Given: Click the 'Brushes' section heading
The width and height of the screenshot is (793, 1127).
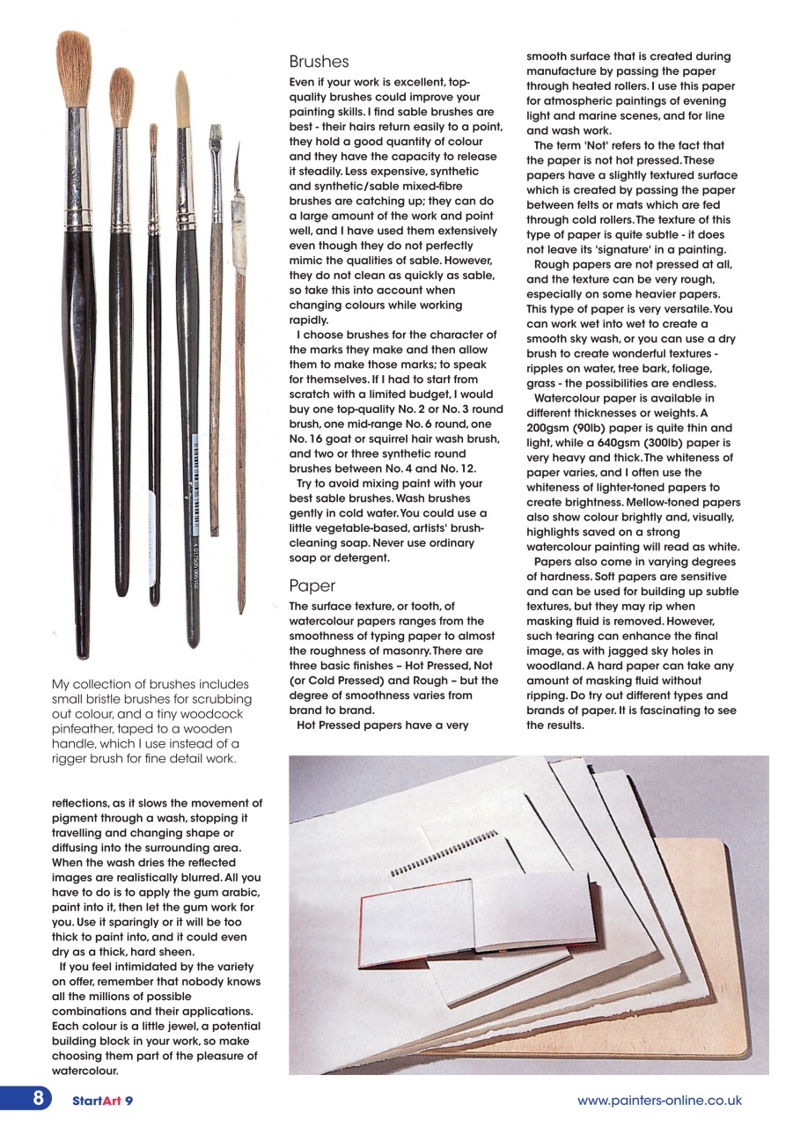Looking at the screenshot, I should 319,63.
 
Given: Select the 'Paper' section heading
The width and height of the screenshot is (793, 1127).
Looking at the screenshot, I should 312,586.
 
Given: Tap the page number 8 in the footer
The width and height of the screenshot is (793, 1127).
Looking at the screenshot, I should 39,1099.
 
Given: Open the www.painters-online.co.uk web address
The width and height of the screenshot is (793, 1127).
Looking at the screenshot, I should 659,1101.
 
